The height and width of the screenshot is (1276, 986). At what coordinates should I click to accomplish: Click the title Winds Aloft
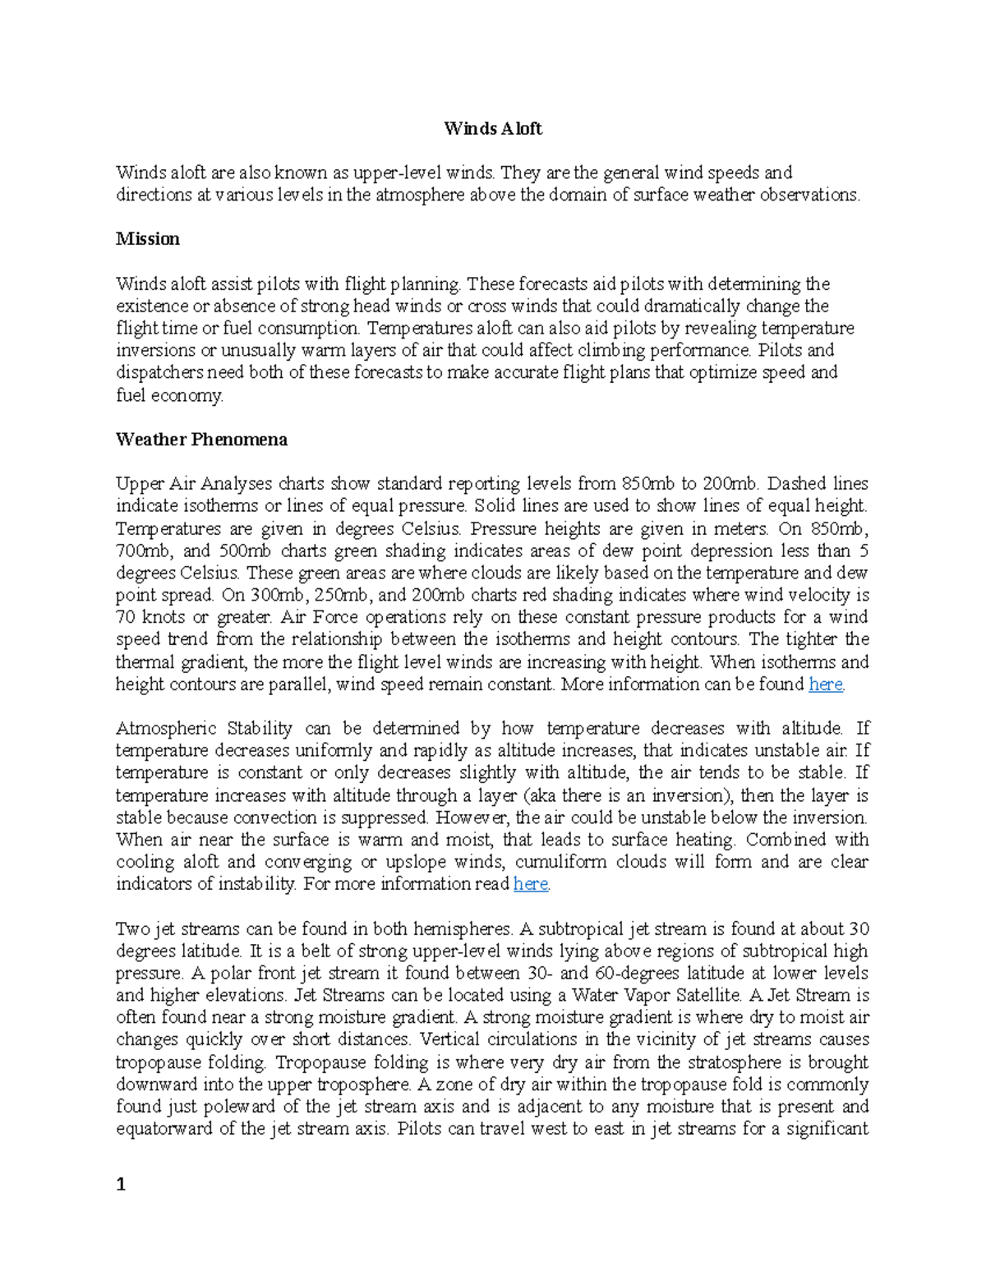(x=492, y=128)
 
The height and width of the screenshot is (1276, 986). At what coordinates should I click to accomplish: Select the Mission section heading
(x=147, y=239)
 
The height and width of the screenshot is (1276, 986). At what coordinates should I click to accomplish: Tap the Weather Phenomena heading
(x=201, y=440)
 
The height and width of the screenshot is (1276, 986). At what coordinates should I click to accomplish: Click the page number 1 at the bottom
(x=121, y=1184)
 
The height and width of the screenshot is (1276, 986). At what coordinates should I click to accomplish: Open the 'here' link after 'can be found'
(x=825, y=684)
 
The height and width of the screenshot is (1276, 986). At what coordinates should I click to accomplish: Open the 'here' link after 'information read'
(x=530, y=884)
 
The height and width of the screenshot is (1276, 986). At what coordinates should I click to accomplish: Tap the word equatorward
(x=164, y=1129)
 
